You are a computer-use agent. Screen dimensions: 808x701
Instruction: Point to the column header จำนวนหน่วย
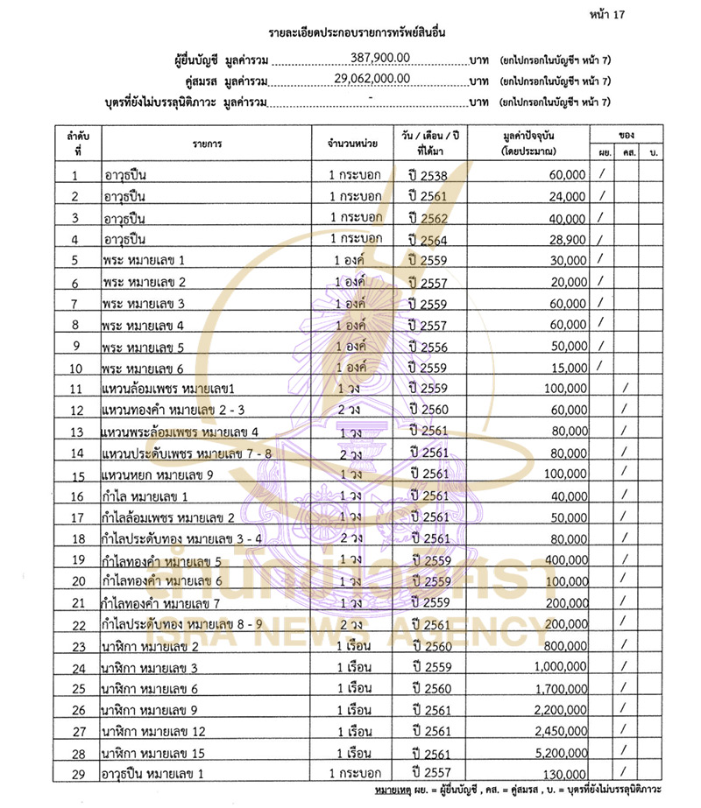tap(352, 143)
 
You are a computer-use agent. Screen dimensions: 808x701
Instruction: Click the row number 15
tap(77, 475)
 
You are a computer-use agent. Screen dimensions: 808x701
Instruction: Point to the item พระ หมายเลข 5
tap(144, 346)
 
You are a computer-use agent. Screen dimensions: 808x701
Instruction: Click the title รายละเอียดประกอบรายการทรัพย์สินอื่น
tap(350, 33)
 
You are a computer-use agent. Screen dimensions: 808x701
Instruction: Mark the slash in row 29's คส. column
tap(625, 772)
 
